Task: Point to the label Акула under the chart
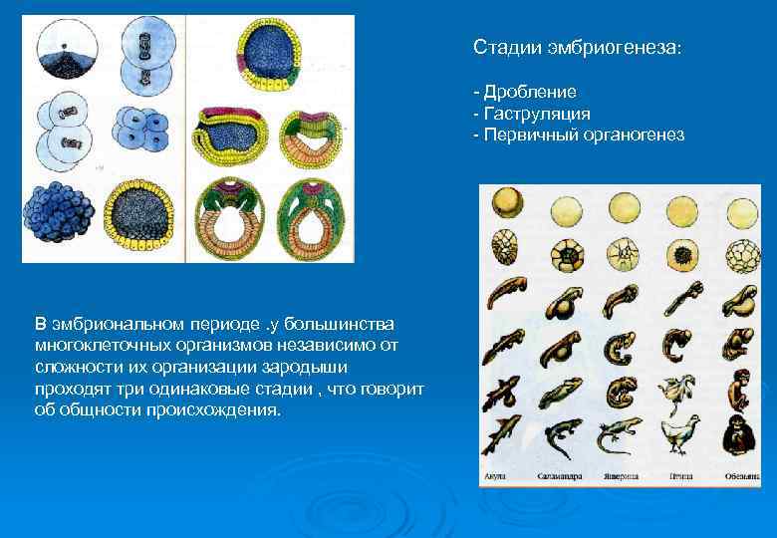coord(496,476)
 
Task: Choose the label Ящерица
coord(619,476)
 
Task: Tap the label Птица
coord(681,476)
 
